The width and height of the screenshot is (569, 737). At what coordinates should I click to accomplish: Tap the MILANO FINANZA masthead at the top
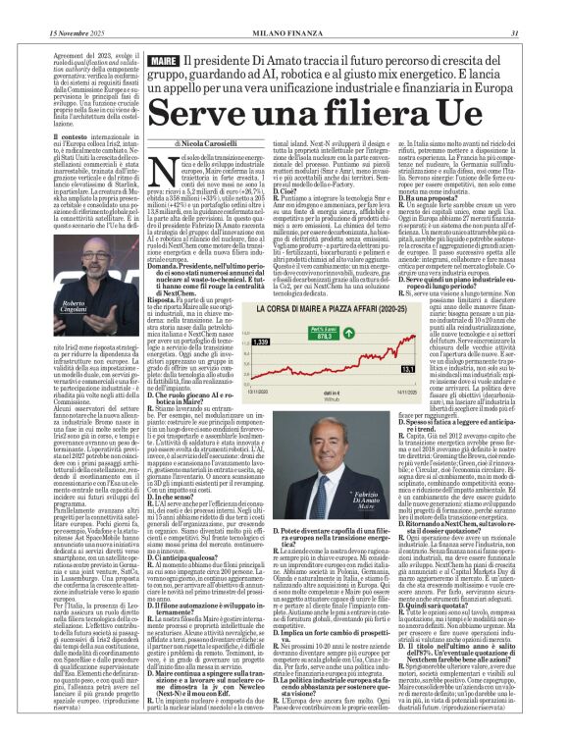tap(284, 7)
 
